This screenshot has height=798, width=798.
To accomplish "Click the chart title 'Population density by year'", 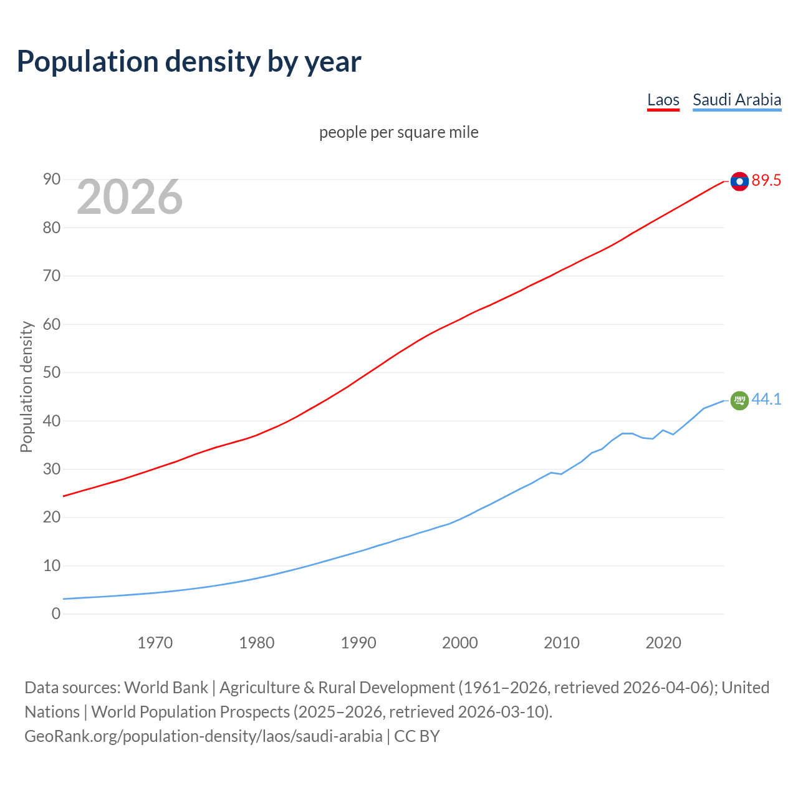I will tap(189, 61).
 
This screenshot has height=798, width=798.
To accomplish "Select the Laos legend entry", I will tap(663, 100).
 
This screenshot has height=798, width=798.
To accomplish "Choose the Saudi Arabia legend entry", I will tap(736, 100).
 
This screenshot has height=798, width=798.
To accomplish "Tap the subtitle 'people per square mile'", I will tap(398, 132).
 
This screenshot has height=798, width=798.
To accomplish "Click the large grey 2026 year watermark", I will tap(130, 197).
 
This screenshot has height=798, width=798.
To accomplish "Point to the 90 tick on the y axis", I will tap(52, 180).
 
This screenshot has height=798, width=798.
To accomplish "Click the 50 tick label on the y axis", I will tap(52, 373).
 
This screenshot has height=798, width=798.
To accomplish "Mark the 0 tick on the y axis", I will tap(56, 614).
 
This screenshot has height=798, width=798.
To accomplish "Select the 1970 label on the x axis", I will tap(155, 643).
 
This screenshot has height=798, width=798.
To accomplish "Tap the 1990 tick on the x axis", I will tap(358, 643).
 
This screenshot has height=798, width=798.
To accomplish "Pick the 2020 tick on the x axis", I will tap(663, 643).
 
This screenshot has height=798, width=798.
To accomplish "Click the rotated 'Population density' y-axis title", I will tap(26, 387).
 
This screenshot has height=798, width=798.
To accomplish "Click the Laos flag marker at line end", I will tap(739, 181).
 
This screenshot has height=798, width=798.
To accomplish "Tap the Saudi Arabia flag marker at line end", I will tap(739, 400).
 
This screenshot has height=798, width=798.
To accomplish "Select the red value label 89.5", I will tap(766, 181).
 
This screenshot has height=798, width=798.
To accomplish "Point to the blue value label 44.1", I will tap(766, 400).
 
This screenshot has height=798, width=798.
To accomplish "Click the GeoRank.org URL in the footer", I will tap(203, 736).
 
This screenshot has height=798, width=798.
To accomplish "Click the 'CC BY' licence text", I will tap(417, 736).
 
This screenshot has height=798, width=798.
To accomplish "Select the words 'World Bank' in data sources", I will tap(166, 688).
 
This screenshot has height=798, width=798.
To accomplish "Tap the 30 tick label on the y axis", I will tap(52, 469).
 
